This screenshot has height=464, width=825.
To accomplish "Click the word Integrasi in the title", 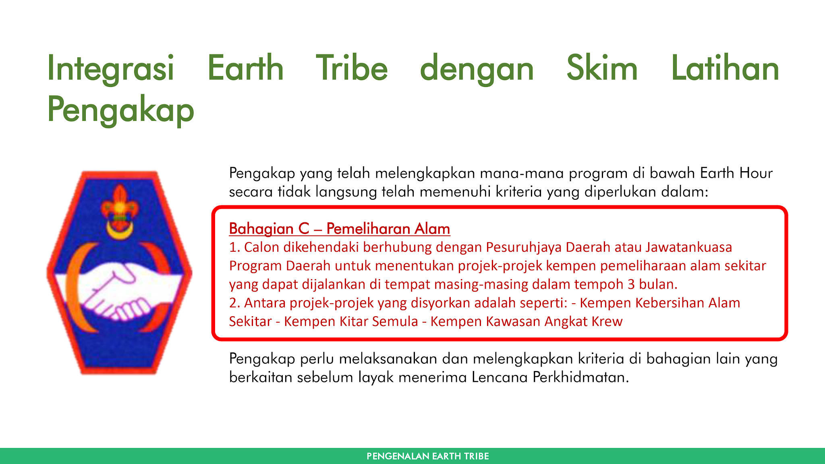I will (110, 68).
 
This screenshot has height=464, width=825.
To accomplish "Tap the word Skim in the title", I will (602, 68).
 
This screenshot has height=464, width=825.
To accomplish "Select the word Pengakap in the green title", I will (120, 110).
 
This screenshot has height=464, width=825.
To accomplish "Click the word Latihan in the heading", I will (725, 68).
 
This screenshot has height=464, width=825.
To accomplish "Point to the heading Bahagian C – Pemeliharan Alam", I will (339, 229).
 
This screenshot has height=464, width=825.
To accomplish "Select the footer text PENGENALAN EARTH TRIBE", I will (427, 456).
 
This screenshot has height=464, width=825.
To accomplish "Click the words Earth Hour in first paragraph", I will (736, 173).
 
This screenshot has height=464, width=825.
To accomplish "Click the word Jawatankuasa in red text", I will (688, 247).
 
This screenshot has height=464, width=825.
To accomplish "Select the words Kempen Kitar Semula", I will (351, 321).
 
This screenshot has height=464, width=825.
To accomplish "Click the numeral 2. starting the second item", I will (234, 303).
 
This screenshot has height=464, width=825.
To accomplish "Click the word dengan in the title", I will (477, 68).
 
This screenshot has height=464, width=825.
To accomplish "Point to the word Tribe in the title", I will (351, 68).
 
